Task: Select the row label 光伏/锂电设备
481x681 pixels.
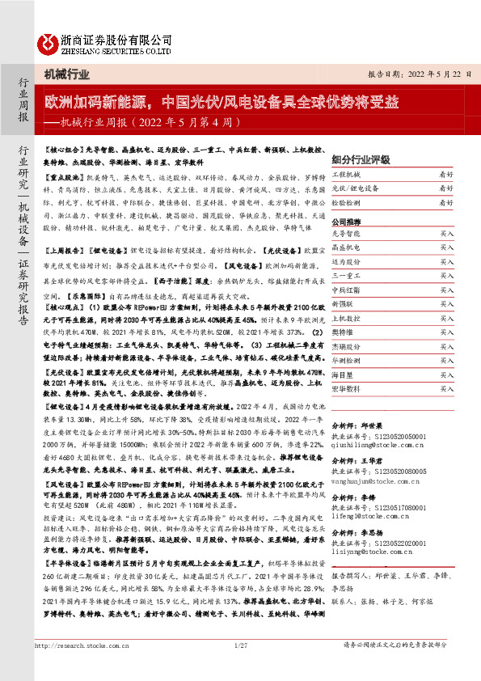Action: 355,188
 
